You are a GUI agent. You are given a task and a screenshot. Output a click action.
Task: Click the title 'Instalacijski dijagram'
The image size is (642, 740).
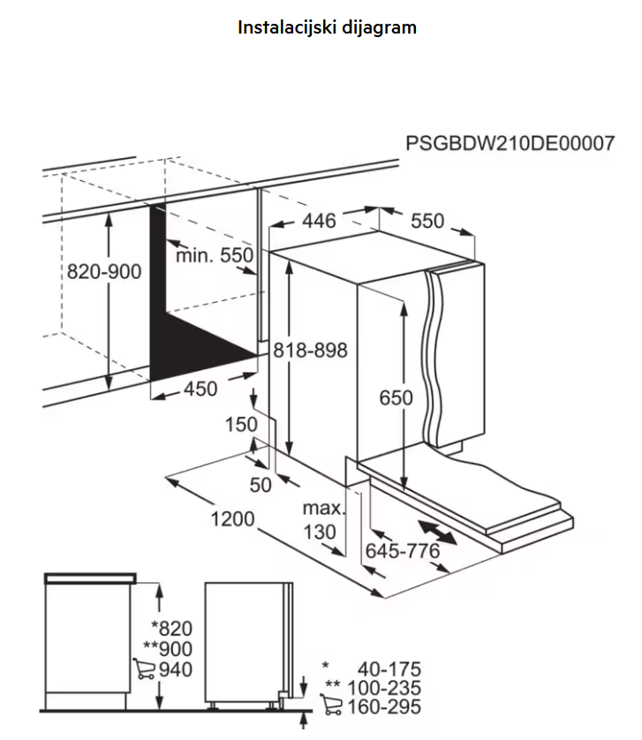point(327,27)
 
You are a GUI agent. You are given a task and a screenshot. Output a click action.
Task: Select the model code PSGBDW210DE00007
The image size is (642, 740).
point(510,143)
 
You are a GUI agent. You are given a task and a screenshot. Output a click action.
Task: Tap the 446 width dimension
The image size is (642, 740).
point(319,221)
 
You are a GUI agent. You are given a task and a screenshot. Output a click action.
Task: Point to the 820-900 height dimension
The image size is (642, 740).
point(104,271)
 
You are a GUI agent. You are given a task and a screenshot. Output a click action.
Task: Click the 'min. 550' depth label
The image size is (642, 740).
point(215,255)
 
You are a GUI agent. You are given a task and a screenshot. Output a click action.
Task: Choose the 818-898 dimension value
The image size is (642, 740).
point(311,351)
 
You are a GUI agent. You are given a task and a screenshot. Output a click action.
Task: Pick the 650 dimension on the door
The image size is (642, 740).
point(396,398)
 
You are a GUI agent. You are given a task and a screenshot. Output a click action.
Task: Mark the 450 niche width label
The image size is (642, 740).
point(200,389)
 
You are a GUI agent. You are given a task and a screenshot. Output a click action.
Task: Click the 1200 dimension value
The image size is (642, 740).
point(232,518)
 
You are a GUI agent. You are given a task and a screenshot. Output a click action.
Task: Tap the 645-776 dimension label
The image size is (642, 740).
point(402,551)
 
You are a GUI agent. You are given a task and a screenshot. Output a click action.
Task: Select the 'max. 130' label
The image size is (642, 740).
point(324,520)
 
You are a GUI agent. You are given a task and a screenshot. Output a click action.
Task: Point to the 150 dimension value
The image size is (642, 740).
point(241,424)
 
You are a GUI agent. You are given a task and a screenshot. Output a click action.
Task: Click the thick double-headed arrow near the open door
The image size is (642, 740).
point(438,532)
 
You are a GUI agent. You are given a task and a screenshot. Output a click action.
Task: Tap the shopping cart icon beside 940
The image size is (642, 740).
point(144,668)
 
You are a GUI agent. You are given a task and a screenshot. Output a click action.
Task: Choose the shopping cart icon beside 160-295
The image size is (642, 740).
point(331,704)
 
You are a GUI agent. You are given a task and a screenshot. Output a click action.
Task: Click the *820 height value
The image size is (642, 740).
point(171,628)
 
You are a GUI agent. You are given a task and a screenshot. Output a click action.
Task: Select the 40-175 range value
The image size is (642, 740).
point(389,668)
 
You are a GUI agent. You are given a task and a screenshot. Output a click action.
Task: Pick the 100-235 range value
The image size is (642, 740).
point(384,688)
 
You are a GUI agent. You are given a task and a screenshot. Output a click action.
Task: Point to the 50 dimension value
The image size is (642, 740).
point(261,485)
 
